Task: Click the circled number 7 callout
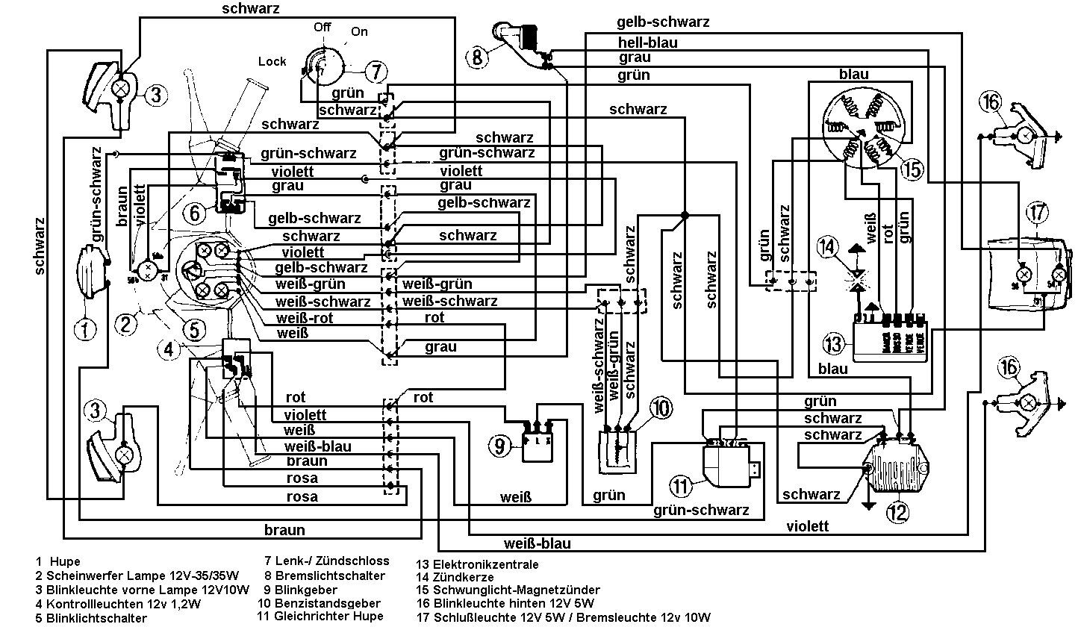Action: pos(376,72)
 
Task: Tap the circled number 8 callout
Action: pos(478,55)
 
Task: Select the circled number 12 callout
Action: pos(897,512)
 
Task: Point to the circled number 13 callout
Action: pos(833,344)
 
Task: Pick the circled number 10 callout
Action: pos(660,408)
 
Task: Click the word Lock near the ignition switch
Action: pos(272,61)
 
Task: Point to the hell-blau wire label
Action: pos(647,43)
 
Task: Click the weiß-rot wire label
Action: pos(305,318)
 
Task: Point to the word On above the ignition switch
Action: pos(359,32)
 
